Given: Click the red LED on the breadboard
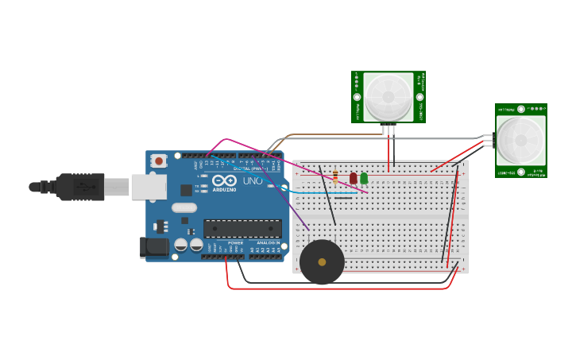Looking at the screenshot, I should point(354,178).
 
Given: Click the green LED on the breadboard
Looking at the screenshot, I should point(364,178).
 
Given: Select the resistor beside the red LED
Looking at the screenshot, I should point(335,177).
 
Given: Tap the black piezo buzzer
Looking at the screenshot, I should point(322,262).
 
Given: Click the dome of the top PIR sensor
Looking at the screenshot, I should point(389,97).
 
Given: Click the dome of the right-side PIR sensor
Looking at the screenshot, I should point(521,141).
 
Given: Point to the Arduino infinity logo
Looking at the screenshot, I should point(225,180).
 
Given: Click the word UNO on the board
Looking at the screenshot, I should point(253,181).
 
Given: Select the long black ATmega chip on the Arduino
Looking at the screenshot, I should point(242,229).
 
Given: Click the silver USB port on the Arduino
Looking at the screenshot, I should point(149,187).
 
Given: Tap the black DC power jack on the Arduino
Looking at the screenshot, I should point(155,247).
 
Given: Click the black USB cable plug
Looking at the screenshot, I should point(79,187).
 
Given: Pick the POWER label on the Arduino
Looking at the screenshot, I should point(235,243).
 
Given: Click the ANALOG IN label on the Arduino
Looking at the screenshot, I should point(268,243).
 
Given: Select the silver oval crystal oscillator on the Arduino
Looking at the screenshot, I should point(184,208).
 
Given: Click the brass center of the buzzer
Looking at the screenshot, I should point(322,262).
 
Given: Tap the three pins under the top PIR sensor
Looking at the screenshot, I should point(389,130).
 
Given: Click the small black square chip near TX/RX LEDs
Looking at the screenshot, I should point(186,190).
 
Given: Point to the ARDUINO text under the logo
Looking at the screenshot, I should point(225,190).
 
